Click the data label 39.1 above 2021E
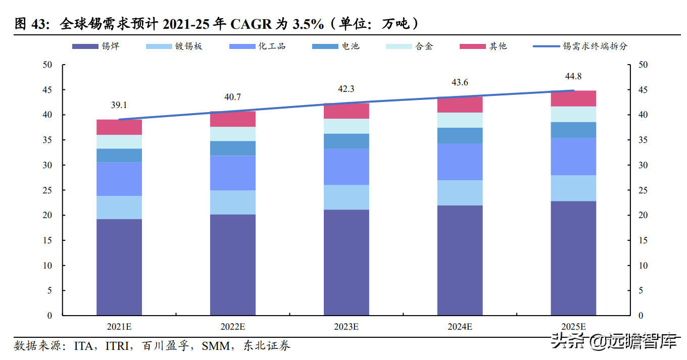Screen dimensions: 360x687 (x=119, y=105)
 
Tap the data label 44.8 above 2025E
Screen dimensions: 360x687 (x=573, y=76)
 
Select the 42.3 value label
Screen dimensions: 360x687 (x=346, y=89)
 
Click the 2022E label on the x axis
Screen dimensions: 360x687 (x=232, y=327)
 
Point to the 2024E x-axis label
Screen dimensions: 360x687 (x=460, y=327)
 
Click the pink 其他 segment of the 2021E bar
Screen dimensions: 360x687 (x=119, y=127)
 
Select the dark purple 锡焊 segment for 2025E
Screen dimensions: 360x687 (x=573, y=258)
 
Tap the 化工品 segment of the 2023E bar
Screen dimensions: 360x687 (x=346, y=167)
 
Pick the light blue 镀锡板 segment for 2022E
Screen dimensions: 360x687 (x=232, y=202)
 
